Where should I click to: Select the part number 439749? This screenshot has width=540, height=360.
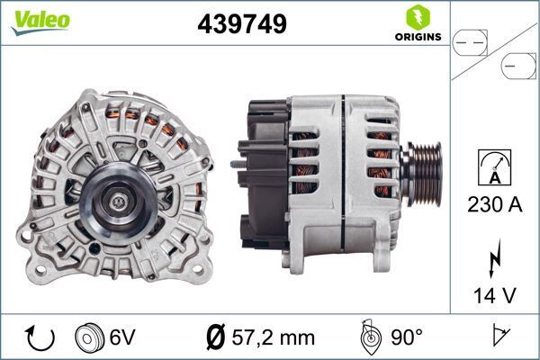[x=241, y=25]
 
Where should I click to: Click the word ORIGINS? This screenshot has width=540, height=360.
[x=417, y=38]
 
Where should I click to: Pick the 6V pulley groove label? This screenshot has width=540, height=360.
[x=121, y=337]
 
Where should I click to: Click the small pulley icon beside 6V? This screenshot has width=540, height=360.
[x=88, y=337]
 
